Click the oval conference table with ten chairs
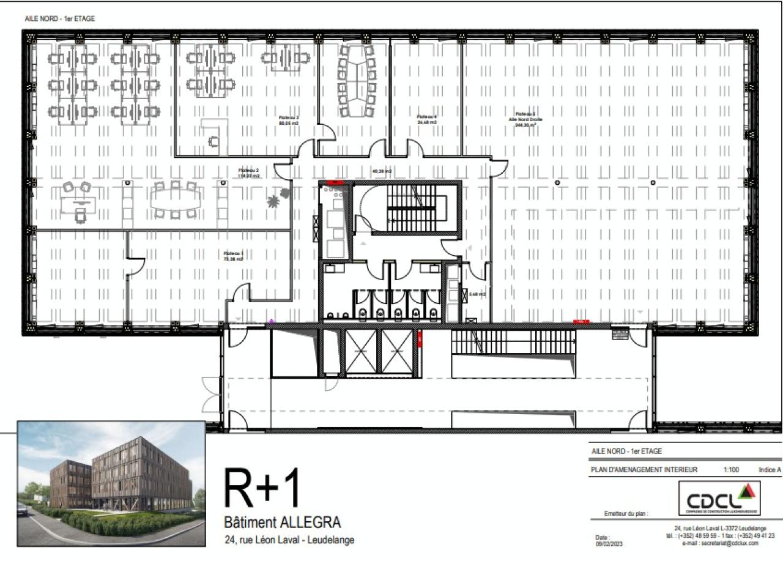(x=357, y=81)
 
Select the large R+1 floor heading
(x=263, y=488)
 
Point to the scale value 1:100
(x=730, y=470)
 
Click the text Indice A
(x=770, y=470)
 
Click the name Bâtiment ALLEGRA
(x=283, y=523)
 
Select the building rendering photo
(x=111, y=483)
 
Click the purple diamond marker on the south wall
(x=271, y=321)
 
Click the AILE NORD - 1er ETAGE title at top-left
(x=60, y=18)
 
